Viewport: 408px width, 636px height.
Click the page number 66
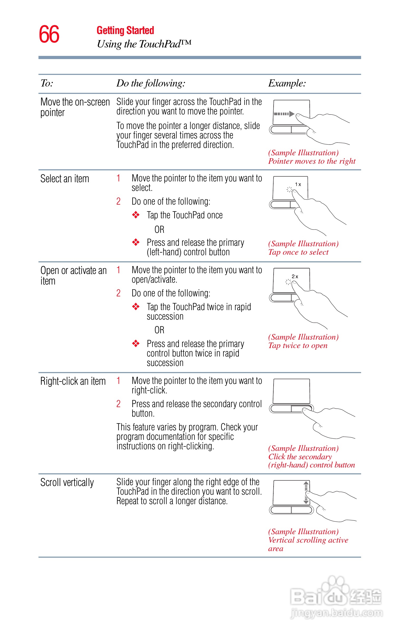[x=49, y=34]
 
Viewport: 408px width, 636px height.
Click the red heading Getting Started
[x=125, y=31]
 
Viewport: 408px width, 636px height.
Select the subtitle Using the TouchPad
[x=144, y=44]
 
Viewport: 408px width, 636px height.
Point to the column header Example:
[x=287, y=83]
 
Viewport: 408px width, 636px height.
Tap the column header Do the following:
[x=151, y=83]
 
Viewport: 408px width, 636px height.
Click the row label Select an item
[x=65, y=179]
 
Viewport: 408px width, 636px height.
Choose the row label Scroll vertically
[x=67, y=483]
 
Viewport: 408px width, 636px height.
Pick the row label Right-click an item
[x=73, y=381]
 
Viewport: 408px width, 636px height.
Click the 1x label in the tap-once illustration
[x=298, y=184]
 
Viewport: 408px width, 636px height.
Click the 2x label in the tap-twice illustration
[x=295, y=276]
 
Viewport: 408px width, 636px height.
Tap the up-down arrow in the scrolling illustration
[x=306, y=492]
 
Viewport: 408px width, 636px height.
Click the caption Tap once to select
[x=298, y=252]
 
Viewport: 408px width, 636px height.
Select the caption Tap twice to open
[x=298, y=346]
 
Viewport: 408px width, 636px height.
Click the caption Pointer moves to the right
[x=312, y=161]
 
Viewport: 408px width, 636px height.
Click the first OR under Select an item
[x=159, y=229]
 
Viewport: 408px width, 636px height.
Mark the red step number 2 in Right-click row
[x=118, y=404]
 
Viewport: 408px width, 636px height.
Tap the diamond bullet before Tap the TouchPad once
[x=136, y=215]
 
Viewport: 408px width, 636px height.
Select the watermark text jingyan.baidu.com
[x=337, y=613]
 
